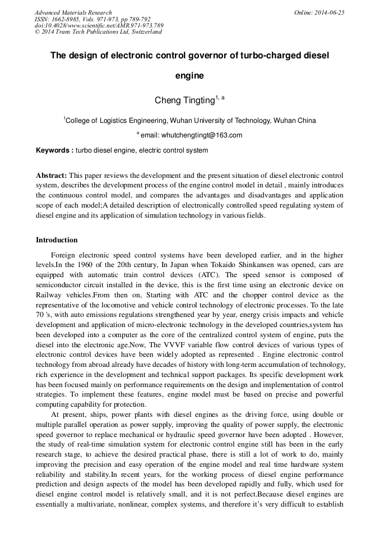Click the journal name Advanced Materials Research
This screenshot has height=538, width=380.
coord(73,12)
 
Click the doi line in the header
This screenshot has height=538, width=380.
coord(99,25)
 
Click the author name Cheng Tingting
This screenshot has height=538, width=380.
coord(185,100)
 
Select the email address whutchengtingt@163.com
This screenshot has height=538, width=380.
coord(202,135)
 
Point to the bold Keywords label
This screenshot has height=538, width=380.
coord(54,150)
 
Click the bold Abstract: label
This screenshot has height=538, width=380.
coord(52,176)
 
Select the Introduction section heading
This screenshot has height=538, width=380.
coord(57,240)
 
